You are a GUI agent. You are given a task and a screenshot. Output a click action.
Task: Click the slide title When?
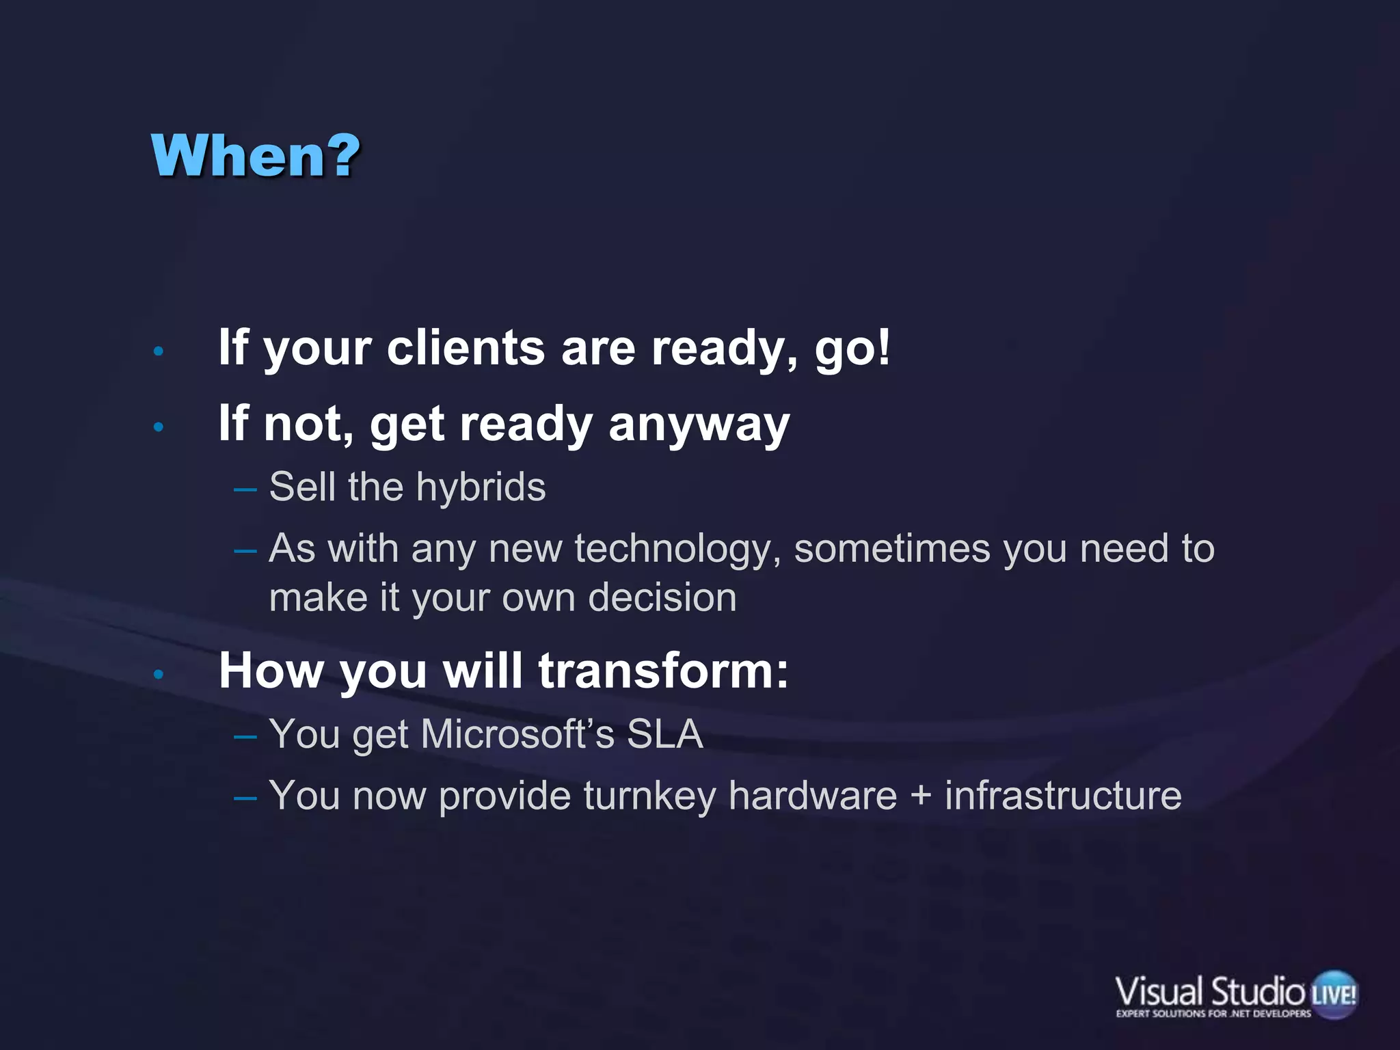pos(255,156)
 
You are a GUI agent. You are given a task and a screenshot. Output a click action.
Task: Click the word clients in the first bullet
pos(466,348)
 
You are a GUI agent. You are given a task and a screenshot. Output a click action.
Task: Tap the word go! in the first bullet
pos(852,349)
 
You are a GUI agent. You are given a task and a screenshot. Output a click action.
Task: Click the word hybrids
pos(481,487)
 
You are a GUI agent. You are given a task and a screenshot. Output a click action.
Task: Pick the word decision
pos(662,597)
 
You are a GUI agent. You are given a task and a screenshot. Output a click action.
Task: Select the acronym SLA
pos(664,734)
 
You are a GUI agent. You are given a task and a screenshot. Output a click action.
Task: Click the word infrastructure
pos(1063,796)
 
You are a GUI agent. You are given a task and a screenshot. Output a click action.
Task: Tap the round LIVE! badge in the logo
pos(1334,994)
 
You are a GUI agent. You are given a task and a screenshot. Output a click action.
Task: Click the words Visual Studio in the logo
pos(1210,991)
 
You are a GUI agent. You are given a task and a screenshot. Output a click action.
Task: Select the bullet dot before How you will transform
pos(159,675)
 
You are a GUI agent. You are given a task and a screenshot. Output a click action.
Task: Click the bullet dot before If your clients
pos(159,351)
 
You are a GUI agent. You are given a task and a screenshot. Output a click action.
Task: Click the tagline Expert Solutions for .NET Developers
pos(1213,1014)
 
